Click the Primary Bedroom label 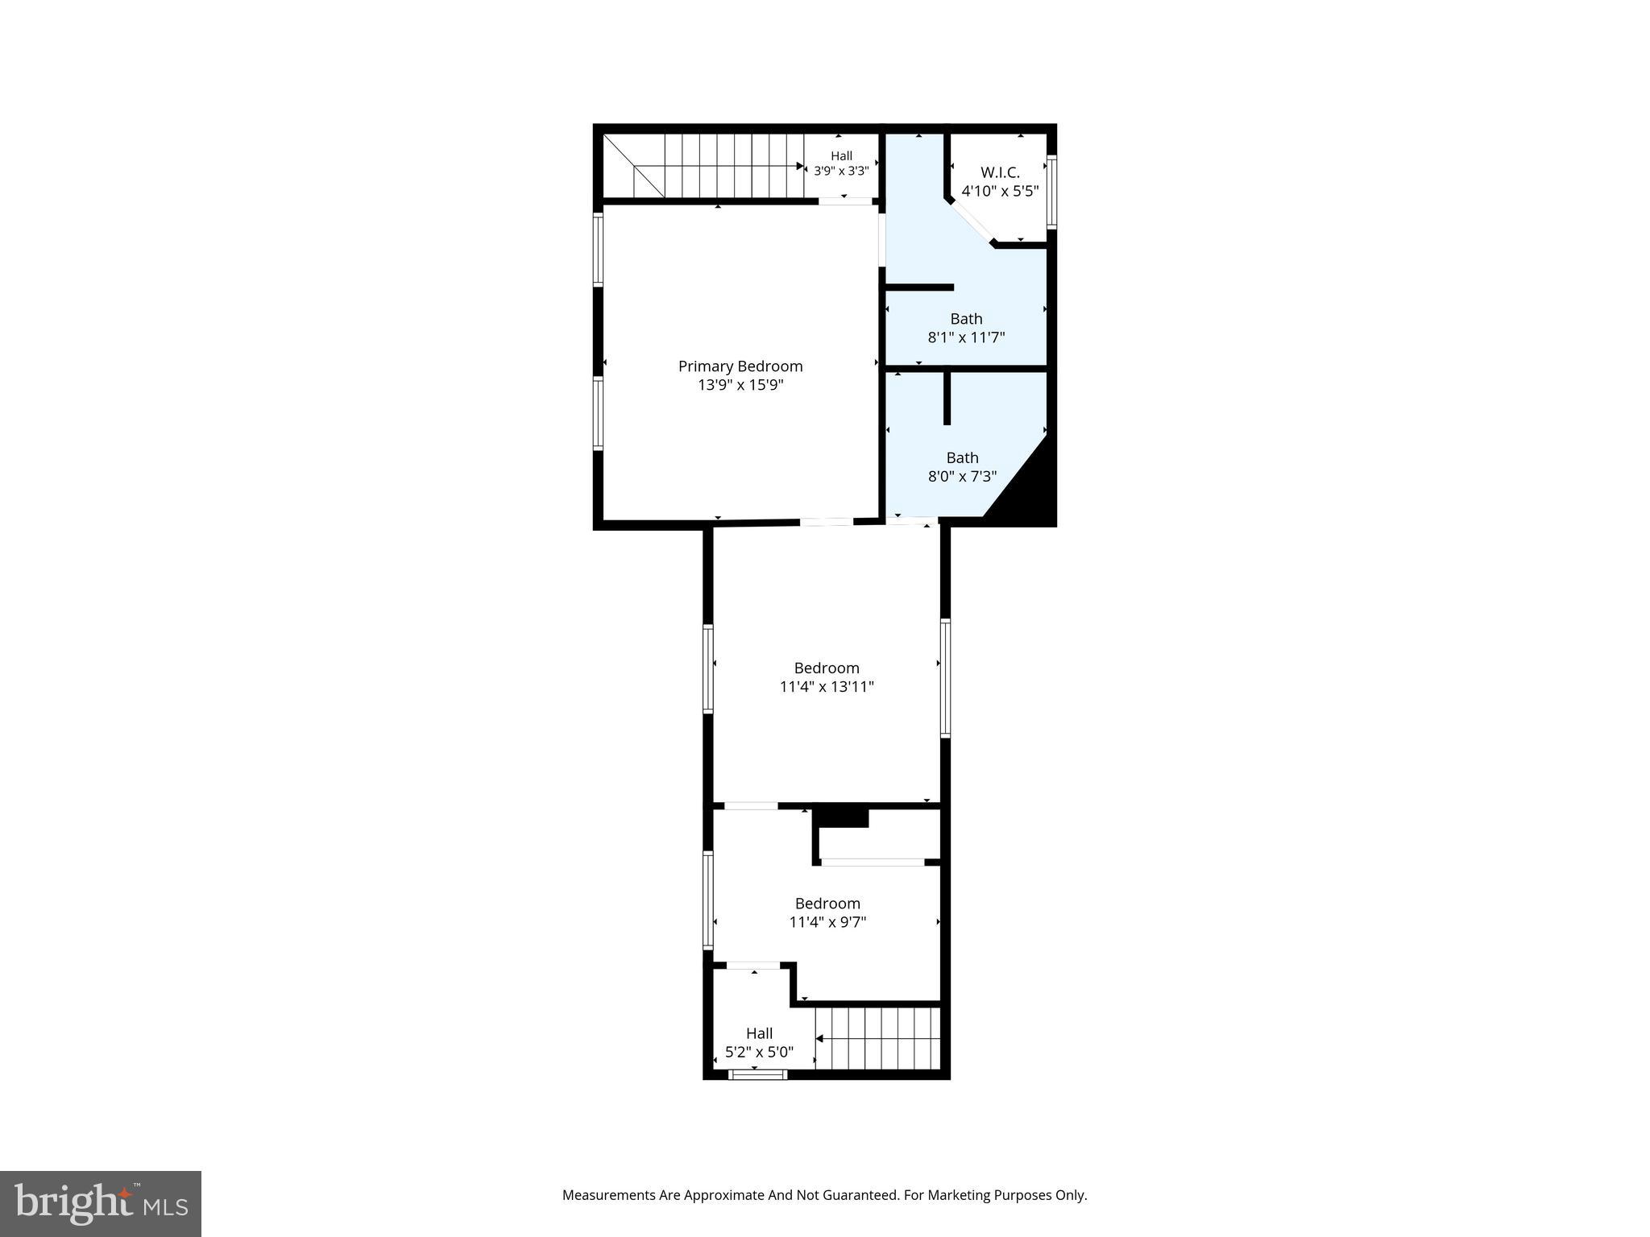[x=740, y=366]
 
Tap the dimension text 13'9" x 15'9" [x=740, y=385]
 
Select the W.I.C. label [x=1000, y=172]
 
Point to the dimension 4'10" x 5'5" [x=1000, y=192]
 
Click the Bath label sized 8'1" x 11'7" [x=966, y=319]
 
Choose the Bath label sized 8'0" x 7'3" [x=962, y=457]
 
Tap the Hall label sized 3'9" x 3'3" [x=841, y=156]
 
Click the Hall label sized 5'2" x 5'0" [x=759, y=1033]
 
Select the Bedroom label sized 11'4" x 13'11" [x=827, y=668]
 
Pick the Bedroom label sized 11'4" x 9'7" [x=827, y=904]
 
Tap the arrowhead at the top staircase [x=801, y=167]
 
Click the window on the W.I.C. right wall [x=1051, y=192]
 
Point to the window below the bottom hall [x=757, y=1074]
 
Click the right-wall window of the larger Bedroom [x=945, y=677]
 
